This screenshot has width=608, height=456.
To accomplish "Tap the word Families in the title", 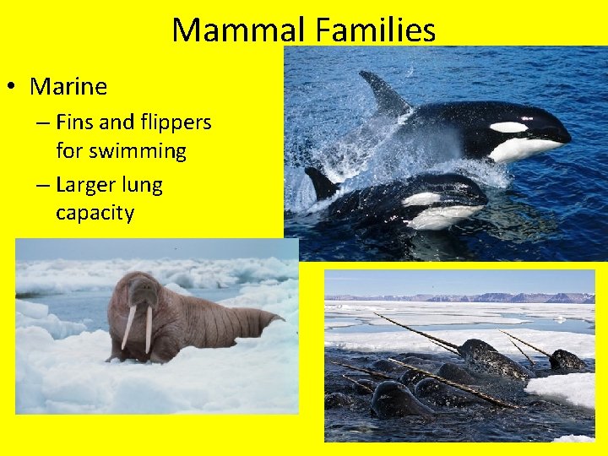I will [376, 30].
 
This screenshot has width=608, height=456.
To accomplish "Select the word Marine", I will [68, 86].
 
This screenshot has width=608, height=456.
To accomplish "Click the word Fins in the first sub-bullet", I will [75, 122].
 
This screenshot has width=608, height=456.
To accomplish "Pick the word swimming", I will [121, 151].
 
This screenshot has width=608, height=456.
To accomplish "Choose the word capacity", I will [95, 213].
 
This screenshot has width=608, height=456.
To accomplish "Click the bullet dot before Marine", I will [13, 87].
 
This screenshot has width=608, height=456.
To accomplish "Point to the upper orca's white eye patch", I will [508, 128].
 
